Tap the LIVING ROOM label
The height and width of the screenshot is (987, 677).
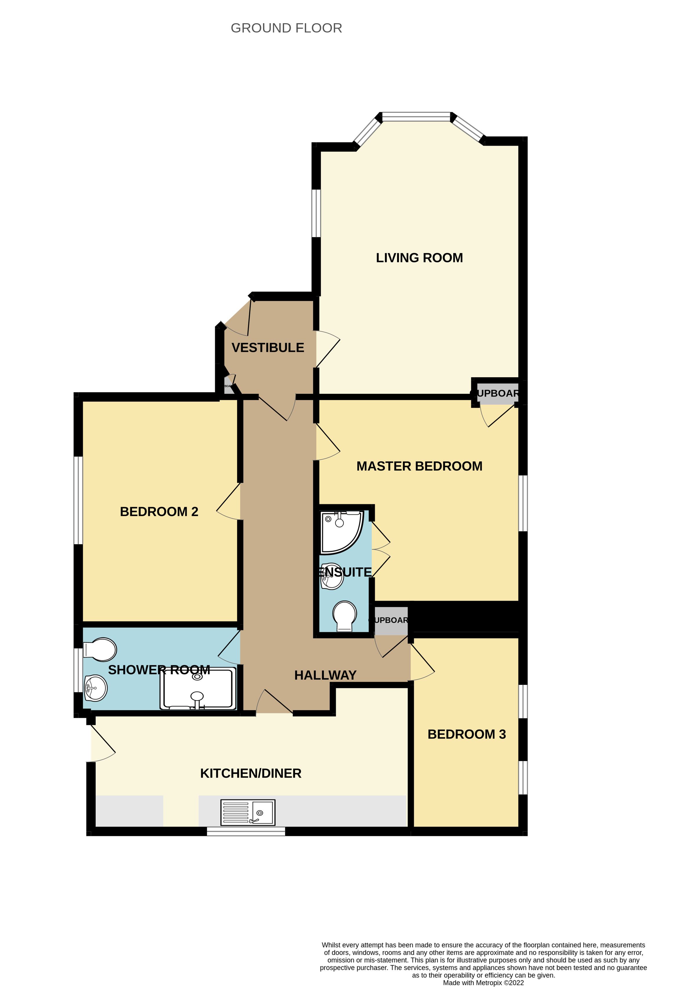tap(419, 258)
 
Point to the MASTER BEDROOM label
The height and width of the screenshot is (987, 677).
tap(419, 466)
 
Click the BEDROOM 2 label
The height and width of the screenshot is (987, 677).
tap(159, 511)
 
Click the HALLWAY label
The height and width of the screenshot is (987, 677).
tap(325, 675)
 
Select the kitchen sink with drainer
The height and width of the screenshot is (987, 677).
tap(248, 812)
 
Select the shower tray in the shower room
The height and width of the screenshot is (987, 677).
tap(197, 689)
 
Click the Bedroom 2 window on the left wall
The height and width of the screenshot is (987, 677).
tap(78, 500)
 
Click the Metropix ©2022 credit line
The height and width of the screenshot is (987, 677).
tap(483, 982)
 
